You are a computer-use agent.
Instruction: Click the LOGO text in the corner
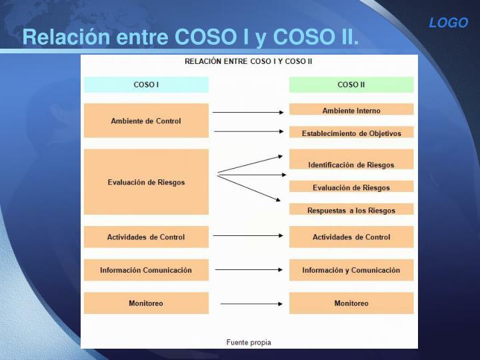coord(448,23)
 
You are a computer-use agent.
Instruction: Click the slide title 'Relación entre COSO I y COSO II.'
coord(191,37)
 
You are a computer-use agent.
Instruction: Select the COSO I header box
coord(146,85)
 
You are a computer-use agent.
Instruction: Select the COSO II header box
coord(351,85)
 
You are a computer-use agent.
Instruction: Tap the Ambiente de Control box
coord(146,121)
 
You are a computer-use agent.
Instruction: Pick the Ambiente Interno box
coord(351,110)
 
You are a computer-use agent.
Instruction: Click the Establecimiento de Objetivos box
coord(351,133)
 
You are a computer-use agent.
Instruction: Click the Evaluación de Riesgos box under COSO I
coord(146,181)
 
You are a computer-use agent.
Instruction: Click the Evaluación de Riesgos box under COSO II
coord(351,187)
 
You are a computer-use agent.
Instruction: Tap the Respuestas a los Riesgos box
coord(351,209)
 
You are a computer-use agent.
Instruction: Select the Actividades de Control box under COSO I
coord(146,237)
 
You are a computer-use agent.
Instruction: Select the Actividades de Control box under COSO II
coord(351,237)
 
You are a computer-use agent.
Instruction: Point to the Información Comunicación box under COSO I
coord(146,270)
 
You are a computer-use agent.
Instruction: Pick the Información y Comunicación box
coord(351,270)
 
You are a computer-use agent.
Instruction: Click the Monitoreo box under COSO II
coord(351,303)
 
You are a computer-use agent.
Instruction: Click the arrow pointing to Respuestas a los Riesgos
coord(249,187)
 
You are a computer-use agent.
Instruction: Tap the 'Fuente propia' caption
coord(249,342)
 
